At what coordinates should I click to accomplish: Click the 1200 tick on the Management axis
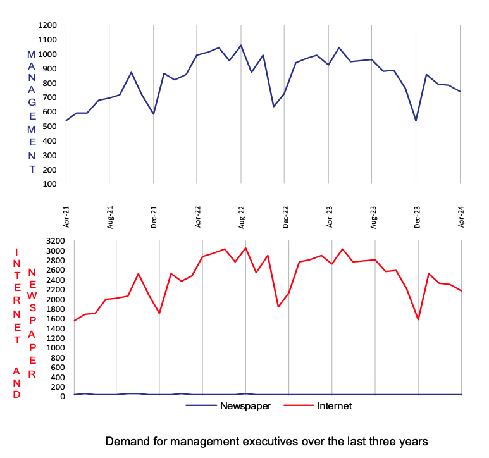pos(48,25)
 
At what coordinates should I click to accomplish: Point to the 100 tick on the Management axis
pos(50,184)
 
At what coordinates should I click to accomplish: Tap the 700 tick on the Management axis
pos(50,97)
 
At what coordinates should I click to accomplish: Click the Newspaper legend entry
pos(245,406)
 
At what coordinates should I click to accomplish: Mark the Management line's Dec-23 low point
pos(416,120)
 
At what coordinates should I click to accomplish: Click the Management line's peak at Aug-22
pos(241,45)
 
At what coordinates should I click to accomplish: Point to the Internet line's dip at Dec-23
pos(418,319)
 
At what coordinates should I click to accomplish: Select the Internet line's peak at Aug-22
pos(245,247)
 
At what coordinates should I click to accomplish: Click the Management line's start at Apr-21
pos(66,120)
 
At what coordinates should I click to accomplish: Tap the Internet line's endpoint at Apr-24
pos(462,291)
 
